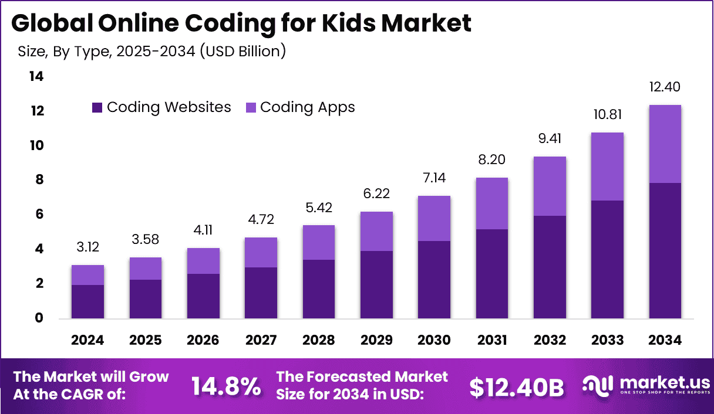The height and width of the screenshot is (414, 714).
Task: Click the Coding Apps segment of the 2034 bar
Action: [x=665, y=144]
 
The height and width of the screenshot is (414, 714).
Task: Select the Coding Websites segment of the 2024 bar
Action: [x=87, y=301]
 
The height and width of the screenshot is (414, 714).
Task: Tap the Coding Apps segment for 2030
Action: [x=434, y=218]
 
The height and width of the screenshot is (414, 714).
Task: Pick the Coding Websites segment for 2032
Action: [x=550, y=267]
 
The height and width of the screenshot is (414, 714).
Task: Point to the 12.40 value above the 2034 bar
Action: [x=665, y=87]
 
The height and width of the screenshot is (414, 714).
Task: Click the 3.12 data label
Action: [x=87, y=247]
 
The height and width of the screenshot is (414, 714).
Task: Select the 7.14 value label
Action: [x=434, y=178]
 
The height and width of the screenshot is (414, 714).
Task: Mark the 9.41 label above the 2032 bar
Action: [x=550, y=139]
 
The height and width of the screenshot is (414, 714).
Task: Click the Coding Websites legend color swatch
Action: [x=97, y=108]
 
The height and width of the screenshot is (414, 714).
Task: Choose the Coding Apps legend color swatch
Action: [x=251, y=108]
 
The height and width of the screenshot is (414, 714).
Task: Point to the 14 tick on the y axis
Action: [x=36, y=77]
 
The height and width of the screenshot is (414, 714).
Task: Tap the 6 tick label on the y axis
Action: [x=39, y=215]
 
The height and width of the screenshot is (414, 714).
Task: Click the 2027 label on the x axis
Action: [x=261, y=341]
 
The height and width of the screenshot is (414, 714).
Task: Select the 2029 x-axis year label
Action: [x=376, y=341]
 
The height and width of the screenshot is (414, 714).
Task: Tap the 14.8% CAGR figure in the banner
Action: [x=226, y=386]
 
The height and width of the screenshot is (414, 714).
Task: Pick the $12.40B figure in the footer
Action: [x=517, y=387]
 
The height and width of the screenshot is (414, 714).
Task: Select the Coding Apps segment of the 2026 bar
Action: [x=203, y=261]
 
